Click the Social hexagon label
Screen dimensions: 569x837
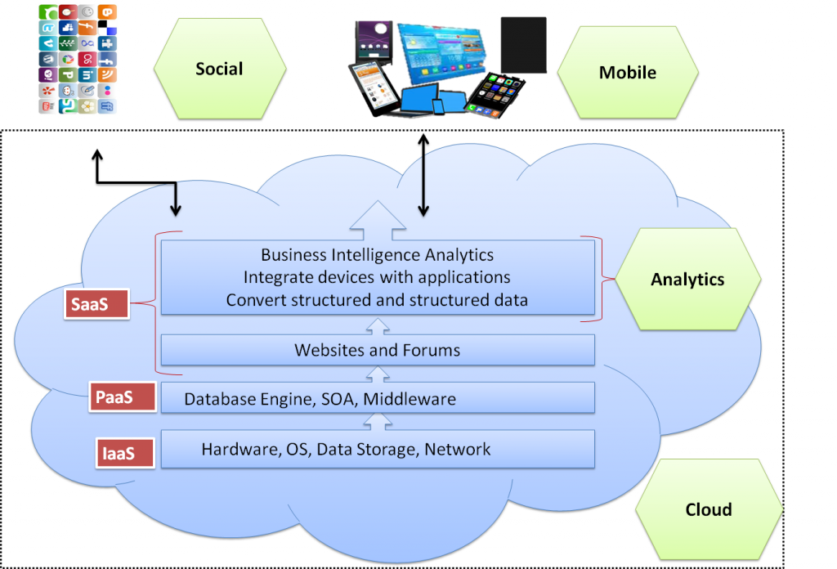(x=219, y=69)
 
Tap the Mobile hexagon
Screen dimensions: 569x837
(x=627, y=72)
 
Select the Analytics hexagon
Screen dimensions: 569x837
(x=687, y=280)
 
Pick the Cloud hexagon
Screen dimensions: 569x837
(x=708, y=509)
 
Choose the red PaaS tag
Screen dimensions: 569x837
(x=123, y=397)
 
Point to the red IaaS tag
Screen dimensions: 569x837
(x=123, y=452)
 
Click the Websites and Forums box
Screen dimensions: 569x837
(x=377, y=351)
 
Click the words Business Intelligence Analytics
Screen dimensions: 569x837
(x=377, y=256)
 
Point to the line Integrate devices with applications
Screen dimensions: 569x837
(x=377, y=278)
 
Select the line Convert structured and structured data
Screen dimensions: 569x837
(x=377, y=300)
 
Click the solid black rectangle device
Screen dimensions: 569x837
(x=523, y=44)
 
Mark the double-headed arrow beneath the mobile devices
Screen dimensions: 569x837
(x=423, y=176)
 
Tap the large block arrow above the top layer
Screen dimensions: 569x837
(x=377, y=219)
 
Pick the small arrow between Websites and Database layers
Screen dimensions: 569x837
(x=377, y=374)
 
